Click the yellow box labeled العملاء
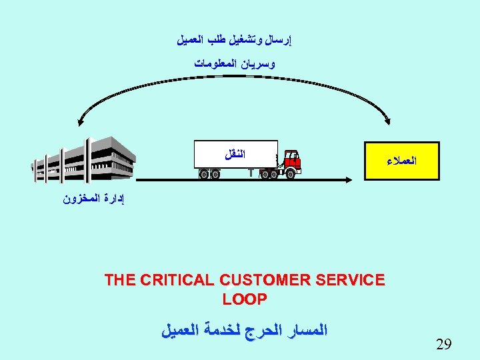(x=402, y=161)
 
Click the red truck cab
(x=292, y=161)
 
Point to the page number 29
(x=443, y=345)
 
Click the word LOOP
(x=245, y=299)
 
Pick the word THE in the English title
(x=120, y=280)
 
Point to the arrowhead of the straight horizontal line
(x=349, y=178)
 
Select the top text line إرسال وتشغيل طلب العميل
(x=235, y=40)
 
